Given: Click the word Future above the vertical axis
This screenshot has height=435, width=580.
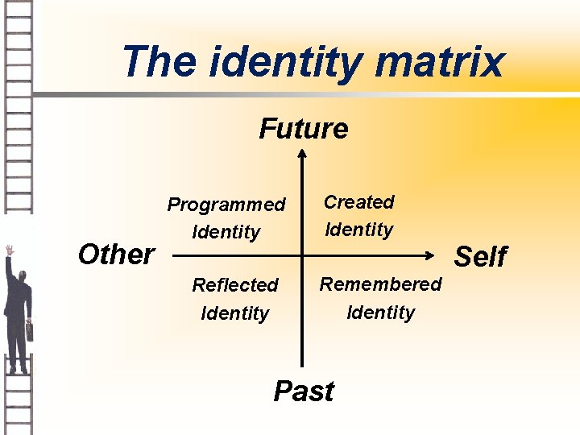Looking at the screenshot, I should (x=304, y=128).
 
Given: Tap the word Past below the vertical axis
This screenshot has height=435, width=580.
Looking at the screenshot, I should (x=304, y=391).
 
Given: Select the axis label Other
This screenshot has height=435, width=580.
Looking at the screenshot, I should (x=116, y=255).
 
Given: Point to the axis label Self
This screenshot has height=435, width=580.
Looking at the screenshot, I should (x=481, y=257).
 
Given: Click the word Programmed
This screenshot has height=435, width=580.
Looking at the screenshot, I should (x=226, y=205).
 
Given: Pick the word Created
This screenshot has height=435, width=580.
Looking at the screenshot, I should (x=359, y=202).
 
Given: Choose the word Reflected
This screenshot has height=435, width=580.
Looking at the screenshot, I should (x=235, y=285).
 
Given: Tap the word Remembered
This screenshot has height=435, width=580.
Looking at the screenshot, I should (x=381, y=284).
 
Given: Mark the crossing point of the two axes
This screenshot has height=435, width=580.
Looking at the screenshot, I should (x=303, y=258).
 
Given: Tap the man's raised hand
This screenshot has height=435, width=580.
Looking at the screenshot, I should (x=10, y=251).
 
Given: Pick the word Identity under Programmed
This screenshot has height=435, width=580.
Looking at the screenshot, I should (x=226, y=233).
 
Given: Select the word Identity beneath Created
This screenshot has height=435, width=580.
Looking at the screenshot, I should (x=359, y=230).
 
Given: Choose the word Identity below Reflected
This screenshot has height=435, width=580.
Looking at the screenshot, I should (x=235, y=313).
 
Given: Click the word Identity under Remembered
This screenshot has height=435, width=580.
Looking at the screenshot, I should (x=381, y=312).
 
